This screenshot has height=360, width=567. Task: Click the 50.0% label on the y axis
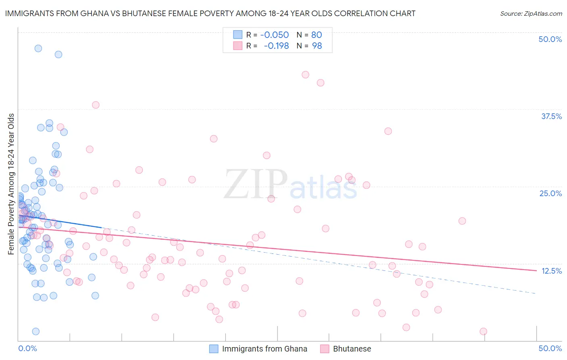550,40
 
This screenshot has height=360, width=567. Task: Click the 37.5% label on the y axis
551,117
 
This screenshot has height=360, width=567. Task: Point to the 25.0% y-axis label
550,194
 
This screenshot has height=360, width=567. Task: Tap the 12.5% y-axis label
551,271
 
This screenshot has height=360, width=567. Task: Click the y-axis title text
11,184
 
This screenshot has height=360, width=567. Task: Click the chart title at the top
210,13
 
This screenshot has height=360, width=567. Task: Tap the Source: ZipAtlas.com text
531,13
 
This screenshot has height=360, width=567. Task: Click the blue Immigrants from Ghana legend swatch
214,349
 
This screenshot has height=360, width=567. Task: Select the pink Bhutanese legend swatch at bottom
325,349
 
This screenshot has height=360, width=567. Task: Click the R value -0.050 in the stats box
274,35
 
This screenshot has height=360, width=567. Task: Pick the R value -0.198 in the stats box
276,46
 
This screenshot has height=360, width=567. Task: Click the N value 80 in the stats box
317,35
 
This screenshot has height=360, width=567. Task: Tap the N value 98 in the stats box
317,46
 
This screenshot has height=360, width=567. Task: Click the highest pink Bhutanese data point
305,75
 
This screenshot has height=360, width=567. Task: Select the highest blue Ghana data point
38,48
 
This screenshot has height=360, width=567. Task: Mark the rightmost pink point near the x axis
483,331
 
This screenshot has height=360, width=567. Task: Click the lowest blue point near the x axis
35,331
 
